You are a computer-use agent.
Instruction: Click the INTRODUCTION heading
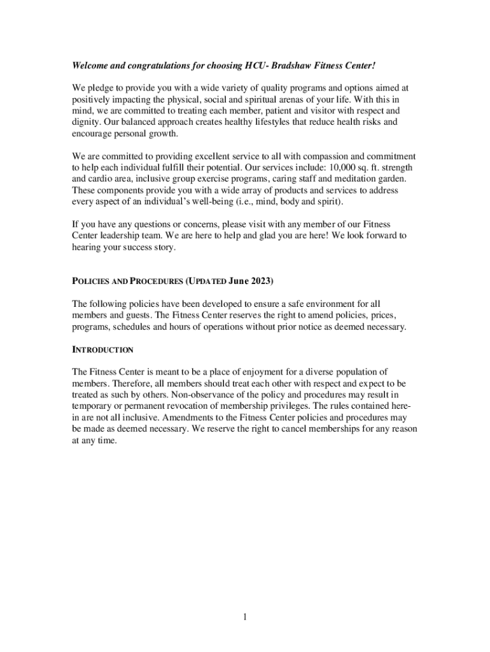102,350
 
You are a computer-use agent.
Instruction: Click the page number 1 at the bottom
244,617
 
